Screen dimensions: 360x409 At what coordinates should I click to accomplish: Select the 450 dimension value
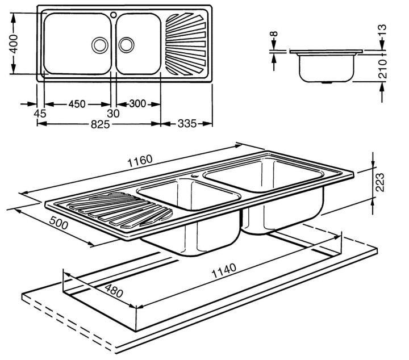(x=77, y=104)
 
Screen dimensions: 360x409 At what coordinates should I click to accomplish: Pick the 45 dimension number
(x=40, y=114)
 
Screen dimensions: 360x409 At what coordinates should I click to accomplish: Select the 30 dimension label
(x=114, y=114)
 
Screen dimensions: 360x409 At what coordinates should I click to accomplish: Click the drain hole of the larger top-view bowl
(x=100, y=44)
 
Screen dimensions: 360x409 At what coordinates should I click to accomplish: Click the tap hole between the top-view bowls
(x=114, y=14)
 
